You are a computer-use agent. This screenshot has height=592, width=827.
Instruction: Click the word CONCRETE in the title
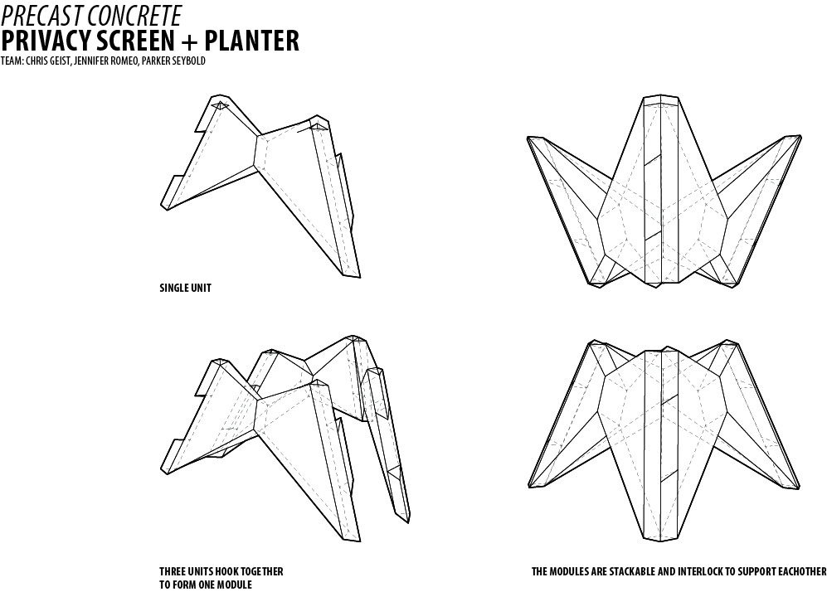coord(134,14)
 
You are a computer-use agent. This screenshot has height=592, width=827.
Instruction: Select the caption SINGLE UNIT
coord(185,289)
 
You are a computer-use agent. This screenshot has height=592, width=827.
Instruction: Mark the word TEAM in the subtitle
coord(9,61)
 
